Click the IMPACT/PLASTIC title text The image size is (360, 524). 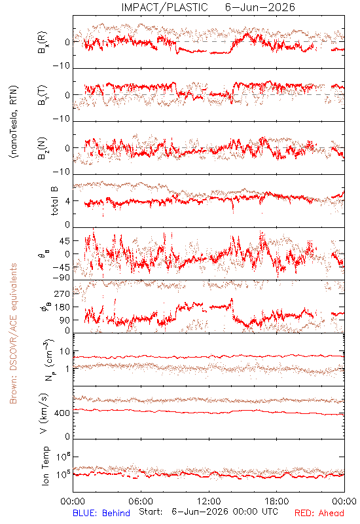164,7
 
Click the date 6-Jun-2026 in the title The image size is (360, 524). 260,7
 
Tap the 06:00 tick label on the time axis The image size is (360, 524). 141,501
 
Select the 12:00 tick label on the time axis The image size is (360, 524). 209,501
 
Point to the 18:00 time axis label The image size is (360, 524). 277,501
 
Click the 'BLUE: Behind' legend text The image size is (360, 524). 101,513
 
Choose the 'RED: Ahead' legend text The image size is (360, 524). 319,513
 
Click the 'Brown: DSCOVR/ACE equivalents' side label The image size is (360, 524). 13,333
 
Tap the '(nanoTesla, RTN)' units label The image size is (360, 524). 14,122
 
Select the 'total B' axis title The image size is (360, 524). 54,201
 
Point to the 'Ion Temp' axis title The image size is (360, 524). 45,466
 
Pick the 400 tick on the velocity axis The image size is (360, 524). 62,413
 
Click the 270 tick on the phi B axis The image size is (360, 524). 62,293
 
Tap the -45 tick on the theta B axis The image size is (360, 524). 60,267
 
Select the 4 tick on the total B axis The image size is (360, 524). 67,201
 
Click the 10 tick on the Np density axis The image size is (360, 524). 65,351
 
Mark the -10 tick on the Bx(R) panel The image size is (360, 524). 62,65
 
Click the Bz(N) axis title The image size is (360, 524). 43,148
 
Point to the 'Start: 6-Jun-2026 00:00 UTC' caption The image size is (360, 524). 208,512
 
